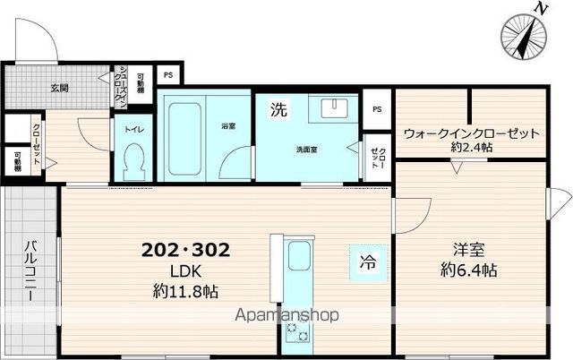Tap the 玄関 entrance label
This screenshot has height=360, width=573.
[59, 88]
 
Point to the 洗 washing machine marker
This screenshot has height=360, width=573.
[279, 111]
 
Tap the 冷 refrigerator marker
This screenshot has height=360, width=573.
[367, 263]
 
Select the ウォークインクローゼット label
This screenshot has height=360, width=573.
[471, 133]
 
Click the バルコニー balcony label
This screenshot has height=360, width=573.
[30, 273]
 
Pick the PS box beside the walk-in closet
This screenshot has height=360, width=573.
[377, 110]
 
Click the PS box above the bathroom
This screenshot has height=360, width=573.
[167, 75]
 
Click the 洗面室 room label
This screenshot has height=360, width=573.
[308, 150]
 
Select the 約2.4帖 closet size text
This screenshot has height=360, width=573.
[471, 148]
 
